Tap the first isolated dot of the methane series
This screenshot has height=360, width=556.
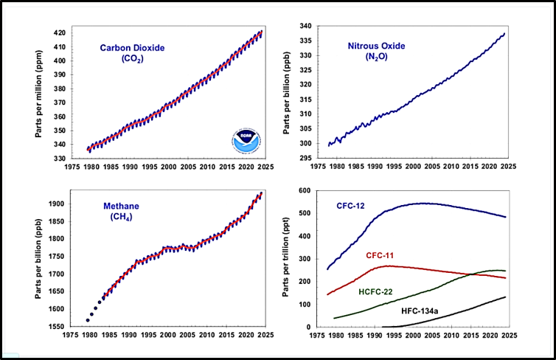point(88,320)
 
